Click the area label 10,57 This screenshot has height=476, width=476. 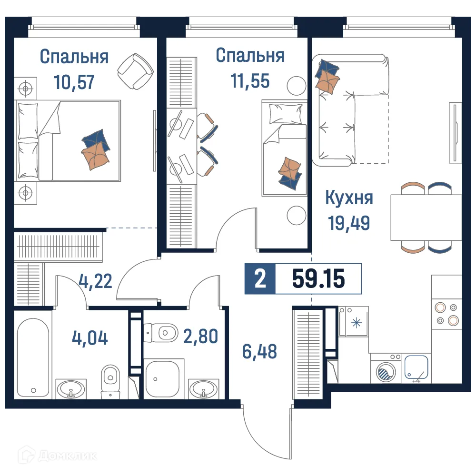coord(74,82)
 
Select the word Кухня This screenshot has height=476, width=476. coord(349,198)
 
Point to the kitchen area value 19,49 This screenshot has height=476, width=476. coord(349,222)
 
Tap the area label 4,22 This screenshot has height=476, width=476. coord(96,281)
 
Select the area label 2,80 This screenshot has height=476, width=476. coord(200,336)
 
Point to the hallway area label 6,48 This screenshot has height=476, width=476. coord(259,352)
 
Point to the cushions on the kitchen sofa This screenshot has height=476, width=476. coord(327,76)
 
